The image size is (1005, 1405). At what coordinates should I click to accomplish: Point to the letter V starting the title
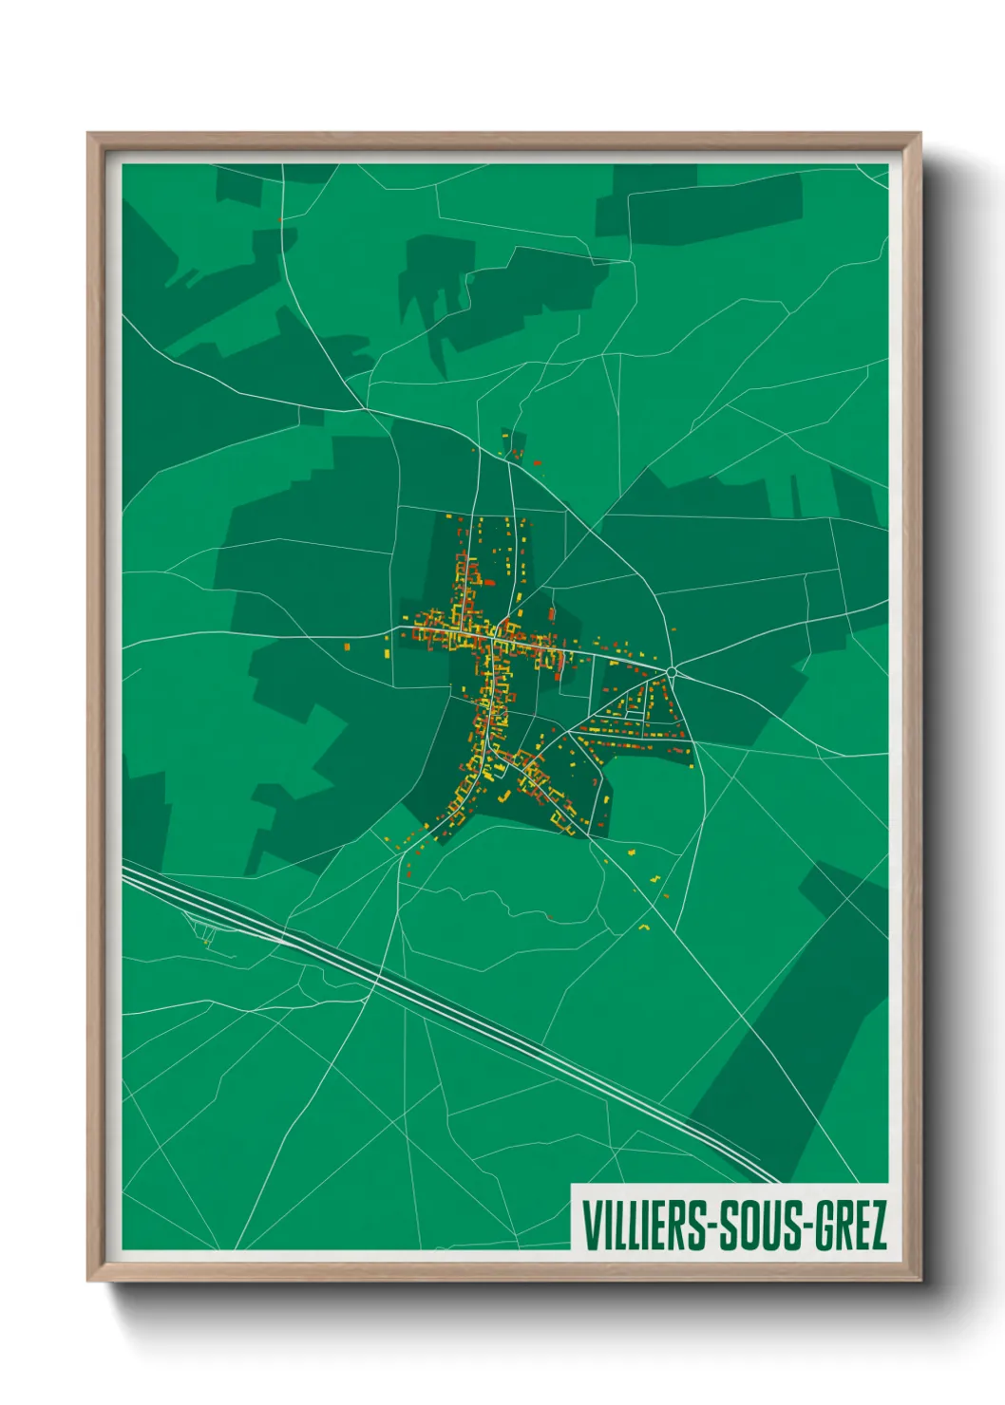point(590,1225)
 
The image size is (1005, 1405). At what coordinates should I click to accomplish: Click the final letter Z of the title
point(878,1225)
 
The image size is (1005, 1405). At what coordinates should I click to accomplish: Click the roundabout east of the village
point(672,672)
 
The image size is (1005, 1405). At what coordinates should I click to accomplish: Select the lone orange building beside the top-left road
point(280,220)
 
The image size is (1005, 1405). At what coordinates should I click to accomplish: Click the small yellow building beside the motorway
point(207,943)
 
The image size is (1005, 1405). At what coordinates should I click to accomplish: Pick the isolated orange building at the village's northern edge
point(537,462)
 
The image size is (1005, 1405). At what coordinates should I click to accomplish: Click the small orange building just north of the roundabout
point(674,629)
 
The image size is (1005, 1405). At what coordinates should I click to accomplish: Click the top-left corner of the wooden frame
point(89,135)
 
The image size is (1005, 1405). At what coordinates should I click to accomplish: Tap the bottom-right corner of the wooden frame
point(920,1280)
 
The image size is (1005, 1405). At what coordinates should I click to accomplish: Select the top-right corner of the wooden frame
point(920,135)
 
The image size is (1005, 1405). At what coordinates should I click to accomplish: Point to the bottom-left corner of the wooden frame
point(89,1280)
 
